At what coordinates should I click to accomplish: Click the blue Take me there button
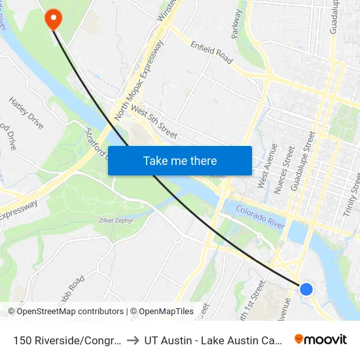180,161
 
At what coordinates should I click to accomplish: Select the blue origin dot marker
306,289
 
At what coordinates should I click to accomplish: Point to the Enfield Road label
211,52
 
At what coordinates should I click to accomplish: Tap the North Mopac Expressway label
138,81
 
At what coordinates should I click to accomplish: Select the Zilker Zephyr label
116,221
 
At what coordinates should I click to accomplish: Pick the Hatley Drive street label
26,112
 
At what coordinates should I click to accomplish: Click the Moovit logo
321,339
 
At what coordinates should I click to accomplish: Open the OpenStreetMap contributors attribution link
70,312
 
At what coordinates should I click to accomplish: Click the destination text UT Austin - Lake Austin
213,340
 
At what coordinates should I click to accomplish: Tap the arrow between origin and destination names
134,340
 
